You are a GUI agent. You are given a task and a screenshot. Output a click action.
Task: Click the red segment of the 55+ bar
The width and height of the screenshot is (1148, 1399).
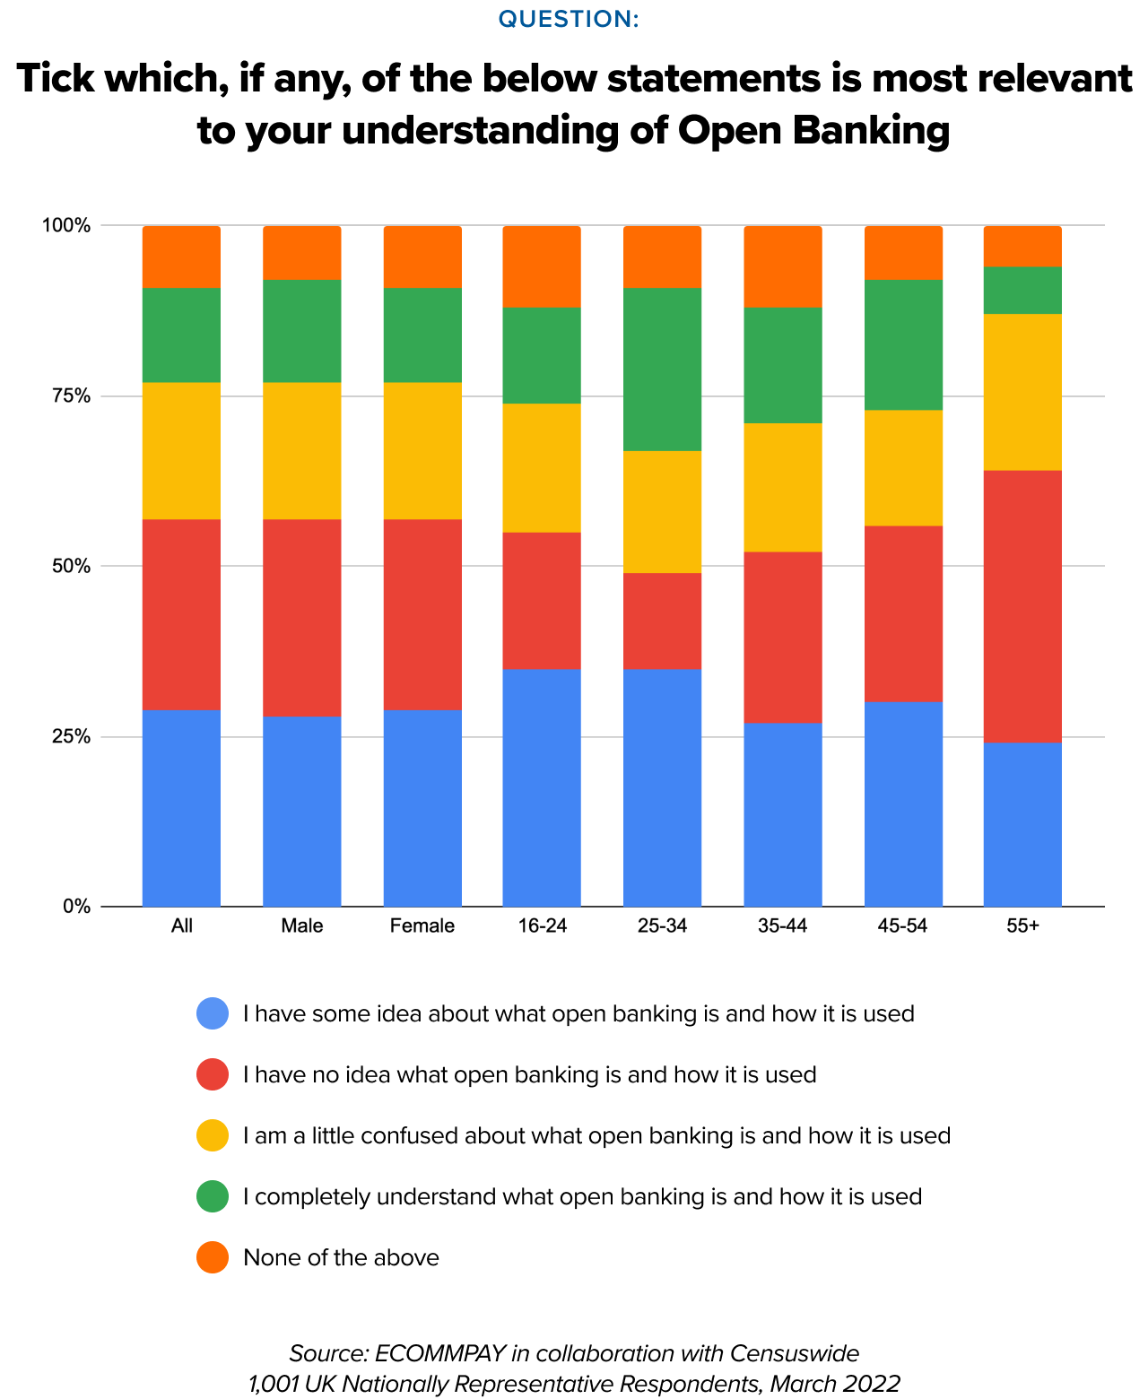coord(1022,605)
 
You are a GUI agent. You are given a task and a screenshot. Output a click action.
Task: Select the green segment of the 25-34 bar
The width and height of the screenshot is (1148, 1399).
coord(662,369)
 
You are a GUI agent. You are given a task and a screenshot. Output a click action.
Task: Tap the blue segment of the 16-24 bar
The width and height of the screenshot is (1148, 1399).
coord(542,787)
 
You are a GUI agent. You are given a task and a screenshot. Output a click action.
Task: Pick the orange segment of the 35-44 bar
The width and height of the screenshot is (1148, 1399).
coord(783,266)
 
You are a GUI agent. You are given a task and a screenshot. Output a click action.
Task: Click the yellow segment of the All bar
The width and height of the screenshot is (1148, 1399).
coord(181,450)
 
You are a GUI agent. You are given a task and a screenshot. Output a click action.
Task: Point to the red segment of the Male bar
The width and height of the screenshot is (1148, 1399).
coord(301,617)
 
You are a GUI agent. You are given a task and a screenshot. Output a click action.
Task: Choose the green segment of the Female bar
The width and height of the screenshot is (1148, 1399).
coord(422,335)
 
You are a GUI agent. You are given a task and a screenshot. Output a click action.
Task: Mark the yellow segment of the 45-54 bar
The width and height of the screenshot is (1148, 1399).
coord(903,467)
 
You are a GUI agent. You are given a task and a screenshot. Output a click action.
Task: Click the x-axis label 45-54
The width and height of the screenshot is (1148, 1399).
coord(902,926)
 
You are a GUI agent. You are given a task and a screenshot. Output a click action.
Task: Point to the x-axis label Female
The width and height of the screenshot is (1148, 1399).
coord(422,926)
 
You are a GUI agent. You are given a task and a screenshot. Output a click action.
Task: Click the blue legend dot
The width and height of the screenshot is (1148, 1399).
coord(213,1014)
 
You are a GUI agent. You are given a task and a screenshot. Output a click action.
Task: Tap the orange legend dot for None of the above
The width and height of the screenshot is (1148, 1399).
coord(213,1257)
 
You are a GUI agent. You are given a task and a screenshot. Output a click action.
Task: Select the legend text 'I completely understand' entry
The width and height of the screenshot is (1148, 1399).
coord(582,1196)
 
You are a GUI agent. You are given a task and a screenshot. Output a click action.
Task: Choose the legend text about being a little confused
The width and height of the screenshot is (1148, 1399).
coord(596,1135)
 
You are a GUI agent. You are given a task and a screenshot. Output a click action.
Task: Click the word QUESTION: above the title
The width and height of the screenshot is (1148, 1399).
coord(569,19)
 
